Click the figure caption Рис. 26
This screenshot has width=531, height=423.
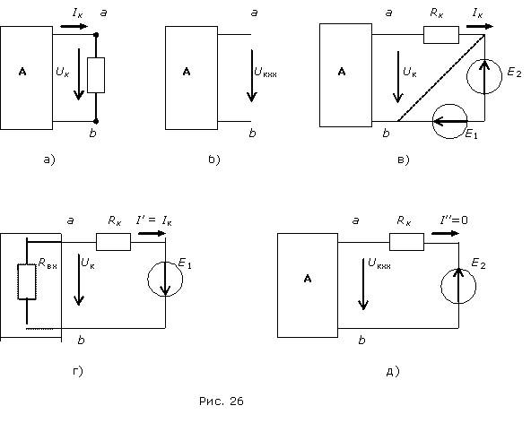[x=222, y=401]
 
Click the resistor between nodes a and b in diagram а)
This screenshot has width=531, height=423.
[x=96, y=75]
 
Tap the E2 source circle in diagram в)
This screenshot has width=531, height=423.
[x=484, y=77]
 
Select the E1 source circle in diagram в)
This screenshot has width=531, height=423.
[x=449, y=121]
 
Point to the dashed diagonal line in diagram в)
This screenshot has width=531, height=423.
[x=441, y=77]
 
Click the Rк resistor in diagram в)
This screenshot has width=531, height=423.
[x=441, y=35]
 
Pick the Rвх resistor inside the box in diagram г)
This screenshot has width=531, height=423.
[x=27, y=282]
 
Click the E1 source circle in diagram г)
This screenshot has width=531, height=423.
[x=165, y=280]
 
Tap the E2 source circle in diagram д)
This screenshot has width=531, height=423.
[x=458, y=286]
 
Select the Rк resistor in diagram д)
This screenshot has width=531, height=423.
[x=406, y=242]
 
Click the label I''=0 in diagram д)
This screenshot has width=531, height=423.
[x=454, y=220]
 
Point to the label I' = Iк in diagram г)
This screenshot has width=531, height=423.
[x=154, y=221]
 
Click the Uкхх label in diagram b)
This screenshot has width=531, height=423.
[x=265, y=72]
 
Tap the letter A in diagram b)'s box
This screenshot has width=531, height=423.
[x=187, y=72]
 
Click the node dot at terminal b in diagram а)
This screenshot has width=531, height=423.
[x=96, y=121]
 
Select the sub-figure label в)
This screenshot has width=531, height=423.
[x=404, y=160]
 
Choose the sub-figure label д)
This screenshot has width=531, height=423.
[x=393, y=371]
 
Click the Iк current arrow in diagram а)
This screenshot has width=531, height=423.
[x=74, y=26]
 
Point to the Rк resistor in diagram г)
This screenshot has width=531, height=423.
[x=113, y=242]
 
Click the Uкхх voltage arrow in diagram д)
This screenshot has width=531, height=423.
[x=363, y=284]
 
